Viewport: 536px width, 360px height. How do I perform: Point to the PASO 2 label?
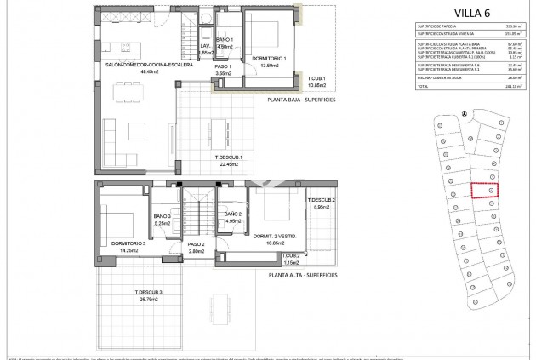tap(197, 248)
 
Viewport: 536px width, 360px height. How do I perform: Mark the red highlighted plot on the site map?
tap(484, 191)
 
